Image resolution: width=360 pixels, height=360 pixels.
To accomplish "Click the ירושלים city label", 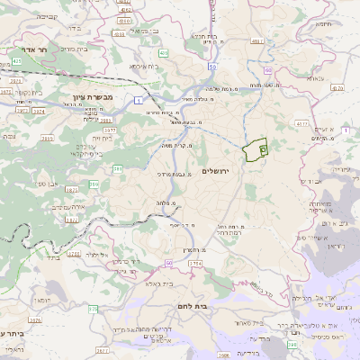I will (216, 171).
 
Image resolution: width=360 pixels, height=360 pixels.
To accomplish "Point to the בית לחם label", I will (212, 306).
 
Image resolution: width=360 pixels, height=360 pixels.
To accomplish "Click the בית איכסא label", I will (142, 67).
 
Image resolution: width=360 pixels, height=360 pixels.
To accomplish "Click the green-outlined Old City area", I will (256, 148).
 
